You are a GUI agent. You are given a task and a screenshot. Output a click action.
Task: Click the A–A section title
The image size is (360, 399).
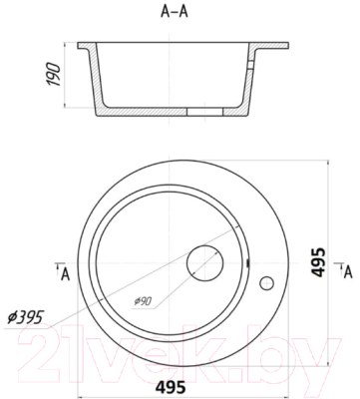tap(175, 11)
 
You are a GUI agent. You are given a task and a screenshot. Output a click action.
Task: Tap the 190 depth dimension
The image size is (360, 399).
tap(54, 75)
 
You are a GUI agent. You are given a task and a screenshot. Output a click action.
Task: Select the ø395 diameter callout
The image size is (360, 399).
tap(26, 317)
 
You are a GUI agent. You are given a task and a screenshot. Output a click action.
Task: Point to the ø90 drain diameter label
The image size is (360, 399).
tap(143, 301)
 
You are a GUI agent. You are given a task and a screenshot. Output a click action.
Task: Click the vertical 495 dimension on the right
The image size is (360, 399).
tap(319, 262)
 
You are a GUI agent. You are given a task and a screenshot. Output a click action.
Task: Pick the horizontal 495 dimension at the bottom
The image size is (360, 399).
tap(171, 387)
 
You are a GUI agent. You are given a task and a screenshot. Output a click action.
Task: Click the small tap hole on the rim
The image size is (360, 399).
tap(267, 283)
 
